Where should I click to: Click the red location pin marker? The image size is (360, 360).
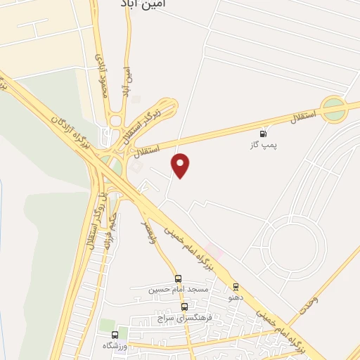pos(181,165)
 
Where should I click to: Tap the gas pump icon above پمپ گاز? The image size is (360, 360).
pos(264,134)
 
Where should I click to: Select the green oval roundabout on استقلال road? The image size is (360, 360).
pos(335,110)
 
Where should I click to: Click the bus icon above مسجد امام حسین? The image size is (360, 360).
pos(178,278)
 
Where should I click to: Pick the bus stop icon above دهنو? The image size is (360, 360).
pos(236,287)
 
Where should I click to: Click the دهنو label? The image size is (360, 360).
pos(236,297)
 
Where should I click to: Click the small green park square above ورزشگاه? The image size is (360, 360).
pos(107,324)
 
